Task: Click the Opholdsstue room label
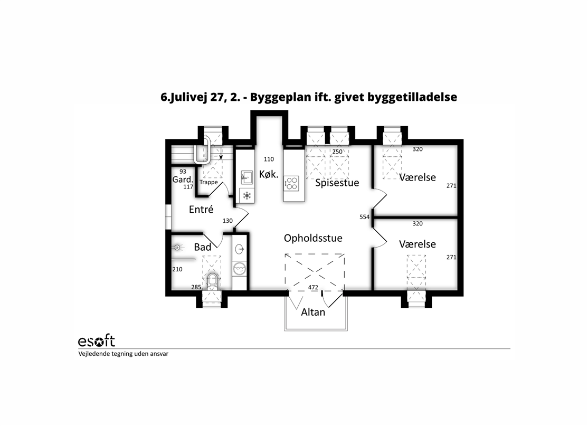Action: pos(313,239)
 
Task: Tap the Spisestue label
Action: pos(337,183)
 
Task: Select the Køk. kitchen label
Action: pos(269,174)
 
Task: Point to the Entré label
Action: pos(201,209)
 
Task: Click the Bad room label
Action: pos(203,247)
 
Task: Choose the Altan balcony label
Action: pos(313,312)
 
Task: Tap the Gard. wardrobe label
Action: pos(183,179)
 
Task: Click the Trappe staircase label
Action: pos(208,182)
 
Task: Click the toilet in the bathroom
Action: pos(213,282)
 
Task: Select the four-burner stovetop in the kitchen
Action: pos(292,183)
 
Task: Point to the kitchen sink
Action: pos(246,177)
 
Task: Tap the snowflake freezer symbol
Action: pos(246,195)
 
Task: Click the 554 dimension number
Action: pos(365,217)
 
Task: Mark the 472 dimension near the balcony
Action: pos(313,288)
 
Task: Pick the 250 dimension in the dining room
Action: pos(337,152)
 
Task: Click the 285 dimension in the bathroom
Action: pos(196,287)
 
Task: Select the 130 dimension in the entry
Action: pos(227,221)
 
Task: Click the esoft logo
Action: pos(97,341)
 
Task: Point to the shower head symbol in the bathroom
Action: pos(178,248)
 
